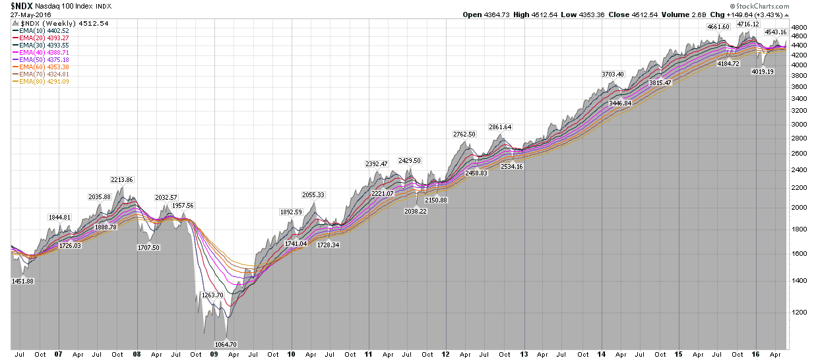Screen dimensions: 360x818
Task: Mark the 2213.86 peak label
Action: [121, 179]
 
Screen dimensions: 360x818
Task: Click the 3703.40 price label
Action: [612, 74]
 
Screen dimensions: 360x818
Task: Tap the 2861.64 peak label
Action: [500, 127]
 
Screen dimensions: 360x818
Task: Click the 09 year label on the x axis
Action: [214, 354]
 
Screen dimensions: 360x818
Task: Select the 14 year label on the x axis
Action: [602, 354]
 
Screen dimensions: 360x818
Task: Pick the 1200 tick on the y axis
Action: [799, 313]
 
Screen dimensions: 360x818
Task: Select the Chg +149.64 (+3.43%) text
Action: [752, 14]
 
